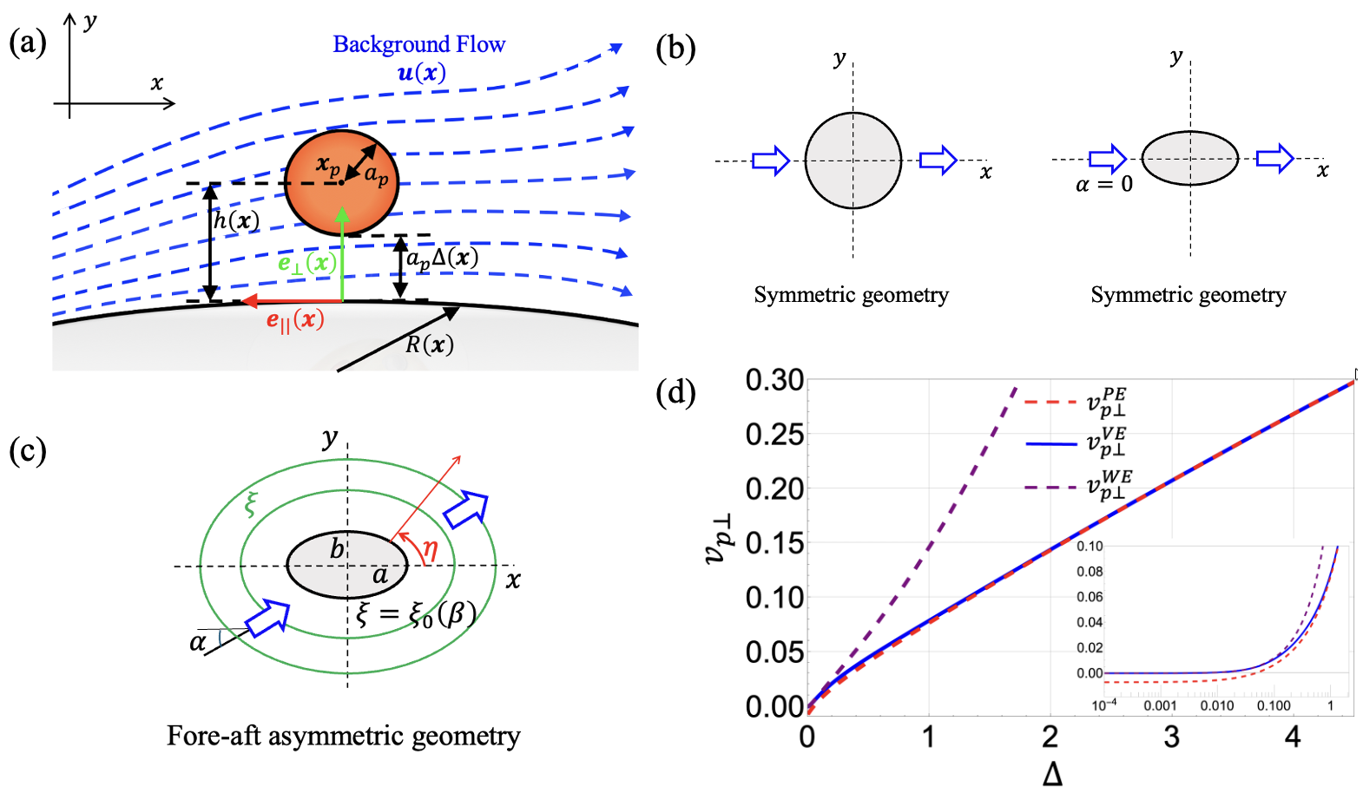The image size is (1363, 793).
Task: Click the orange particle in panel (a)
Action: point(342,184)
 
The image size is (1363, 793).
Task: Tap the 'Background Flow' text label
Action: point(418,44)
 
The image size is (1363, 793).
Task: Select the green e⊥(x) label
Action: point(306,263)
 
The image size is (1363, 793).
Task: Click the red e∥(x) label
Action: point(295,321)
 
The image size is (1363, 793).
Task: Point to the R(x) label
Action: point(429,344)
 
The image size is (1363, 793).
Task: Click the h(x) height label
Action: point(236,220)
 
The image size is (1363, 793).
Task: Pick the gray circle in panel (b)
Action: point(853,161)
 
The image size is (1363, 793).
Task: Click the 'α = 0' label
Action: point(1103,184)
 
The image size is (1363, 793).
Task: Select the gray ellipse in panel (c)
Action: point(347,565)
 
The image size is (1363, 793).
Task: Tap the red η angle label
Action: point(429,548)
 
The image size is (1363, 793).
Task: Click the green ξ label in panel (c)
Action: point(252,503)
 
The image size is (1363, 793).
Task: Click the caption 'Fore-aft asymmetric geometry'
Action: point(344,736)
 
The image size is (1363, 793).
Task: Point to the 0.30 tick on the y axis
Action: point(774,380)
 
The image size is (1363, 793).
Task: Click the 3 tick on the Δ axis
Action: point(1171,737)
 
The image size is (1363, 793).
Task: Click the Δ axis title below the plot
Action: point(1052,774)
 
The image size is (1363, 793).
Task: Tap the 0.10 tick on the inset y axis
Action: point(1090,547)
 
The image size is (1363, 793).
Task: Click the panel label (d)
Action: point(675,393)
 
